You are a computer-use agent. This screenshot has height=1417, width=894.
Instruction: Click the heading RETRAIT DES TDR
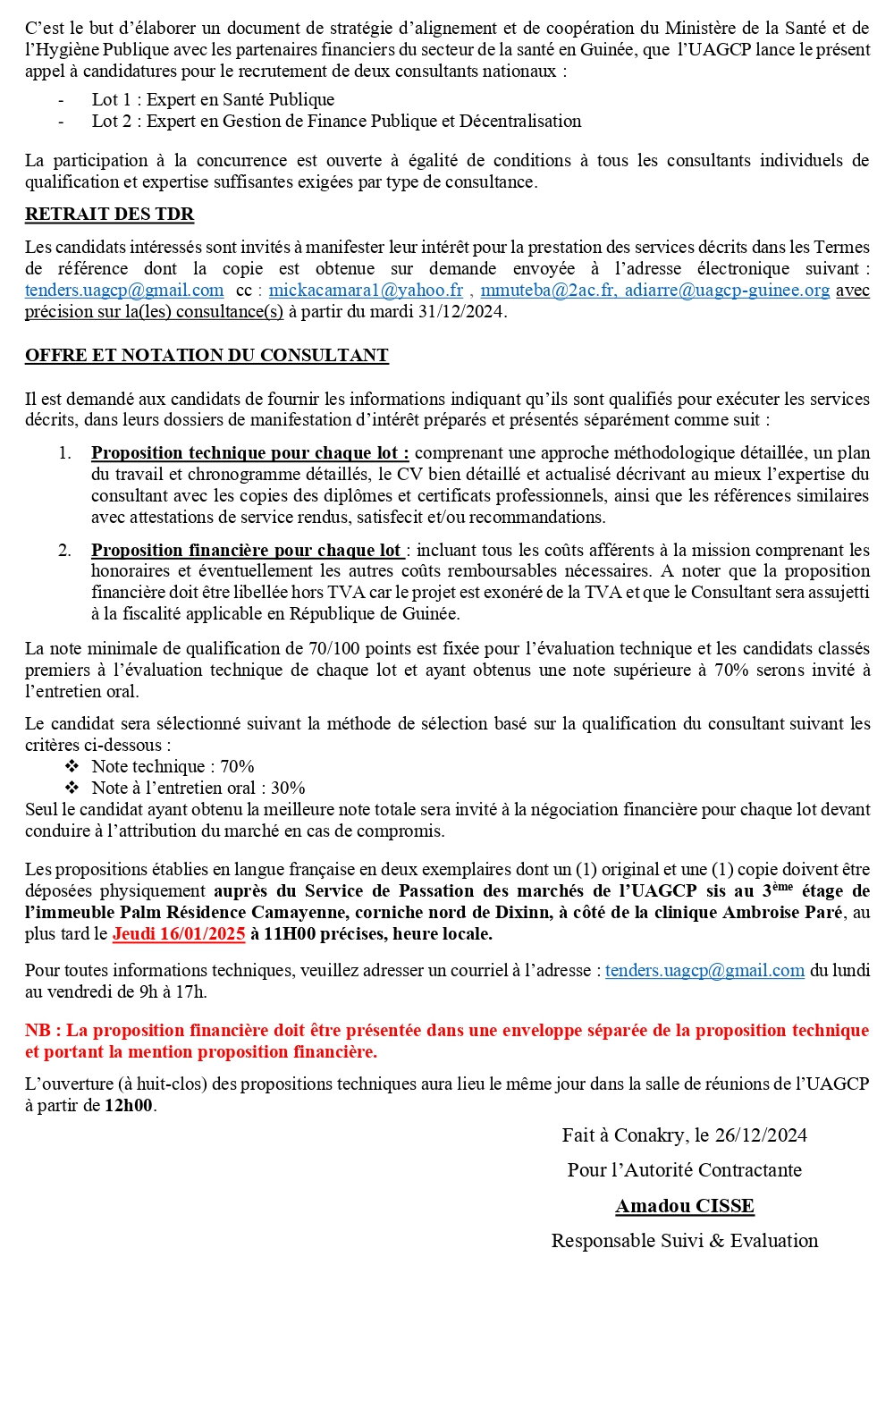[109, 214]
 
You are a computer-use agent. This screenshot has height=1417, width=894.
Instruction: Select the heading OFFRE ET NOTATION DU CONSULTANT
[207, 355]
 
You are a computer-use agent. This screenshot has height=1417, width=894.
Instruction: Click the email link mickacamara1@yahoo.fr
[366, 290]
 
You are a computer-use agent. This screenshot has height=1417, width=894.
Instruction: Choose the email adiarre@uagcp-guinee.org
[727, 290]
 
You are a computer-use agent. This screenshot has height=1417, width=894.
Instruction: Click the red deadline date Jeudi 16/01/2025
[179, 933]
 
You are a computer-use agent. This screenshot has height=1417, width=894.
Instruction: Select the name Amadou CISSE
[685, 1205]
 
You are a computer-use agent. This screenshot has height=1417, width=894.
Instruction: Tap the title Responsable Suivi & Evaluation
[685, 1240]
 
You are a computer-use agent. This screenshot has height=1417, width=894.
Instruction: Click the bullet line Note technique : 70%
[173, 766]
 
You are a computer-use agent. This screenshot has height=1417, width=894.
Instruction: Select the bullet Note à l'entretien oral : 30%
[198, 788]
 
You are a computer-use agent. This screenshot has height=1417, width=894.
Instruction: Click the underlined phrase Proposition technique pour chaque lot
[249, 452]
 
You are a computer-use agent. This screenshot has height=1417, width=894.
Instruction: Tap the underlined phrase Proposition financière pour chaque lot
[246, 550]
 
